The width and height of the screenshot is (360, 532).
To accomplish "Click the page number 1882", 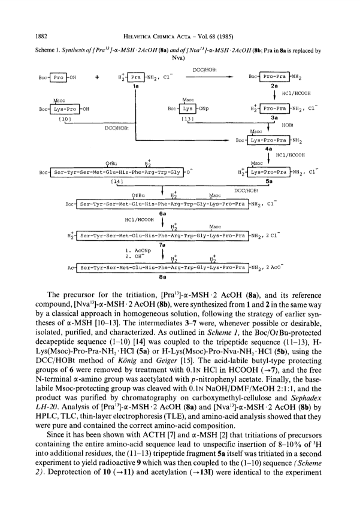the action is pyautogui.click(x=41, y=37).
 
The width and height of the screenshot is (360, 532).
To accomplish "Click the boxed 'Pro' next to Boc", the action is pyautogui.click(x=58, y=77).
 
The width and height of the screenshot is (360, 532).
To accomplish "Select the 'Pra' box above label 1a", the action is pyautogui.click(x=136, y=77).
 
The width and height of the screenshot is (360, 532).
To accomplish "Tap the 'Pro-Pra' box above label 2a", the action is pyautogui.click(x=274, y=77).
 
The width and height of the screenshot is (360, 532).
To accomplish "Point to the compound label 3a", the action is pyautogui.click(x=274, y=118).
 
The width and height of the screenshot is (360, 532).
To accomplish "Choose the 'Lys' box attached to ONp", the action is pyautogui.click(x=187, y=108).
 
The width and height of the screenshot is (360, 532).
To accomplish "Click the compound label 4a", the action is pyautogui.click(x=269, y=149).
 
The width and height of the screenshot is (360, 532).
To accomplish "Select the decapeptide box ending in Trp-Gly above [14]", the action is pyautogui.click(x=117, y=173).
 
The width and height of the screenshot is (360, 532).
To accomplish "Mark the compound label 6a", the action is pyautogui.click(x=162, y=214).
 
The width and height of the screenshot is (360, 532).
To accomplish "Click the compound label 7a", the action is pyautogui.click(x=162, y=244).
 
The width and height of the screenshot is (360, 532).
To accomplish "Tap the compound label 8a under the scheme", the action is pyautogui.click(x=162, y=277).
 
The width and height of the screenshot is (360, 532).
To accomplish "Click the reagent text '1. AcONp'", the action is pyautogui.click(x=138, y=251).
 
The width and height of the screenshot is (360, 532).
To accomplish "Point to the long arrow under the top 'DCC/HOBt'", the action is pyautogui.click(x=209, y=77).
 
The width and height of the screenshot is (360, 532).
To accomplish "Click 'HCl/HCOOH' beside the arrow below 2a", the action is pyautogui.click(x=297, y=93).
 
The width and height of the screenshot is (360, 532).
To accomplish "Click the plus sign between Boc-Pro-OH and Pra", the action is pyautogui.click(x=98, y=77).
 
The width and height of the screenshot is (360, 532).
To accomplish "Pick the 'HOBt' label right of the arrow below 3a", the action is pyautogui.click(x=287, y=125).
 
